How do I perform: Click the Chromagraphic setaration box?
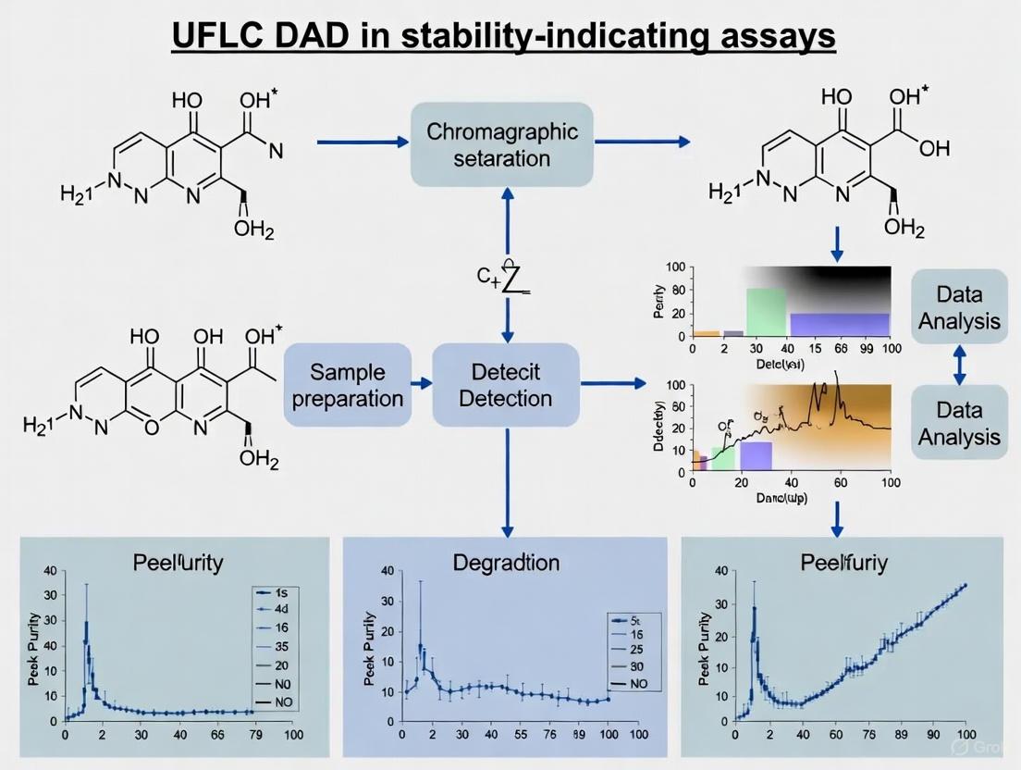coord(501,143)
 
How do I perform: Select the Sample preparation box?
coord(347,385)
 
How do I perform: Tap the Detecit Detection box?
coord(505,385)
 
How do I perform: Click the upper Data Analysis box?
coord(960,308)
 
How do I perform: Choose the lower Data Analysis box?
coord(960,423)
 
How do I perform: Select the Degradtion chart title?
coord(505,562)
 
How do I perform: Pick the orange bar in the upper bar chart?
coord(706,333)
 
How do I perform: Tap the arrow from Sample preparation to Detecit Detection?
coord(422,382)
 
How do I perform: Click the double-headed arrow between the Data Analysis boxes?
coord(959,366)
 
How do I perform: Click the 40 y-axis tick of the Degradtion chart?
coord(381,571)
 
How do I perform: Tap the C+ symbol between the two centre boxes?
coord(486,275)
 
